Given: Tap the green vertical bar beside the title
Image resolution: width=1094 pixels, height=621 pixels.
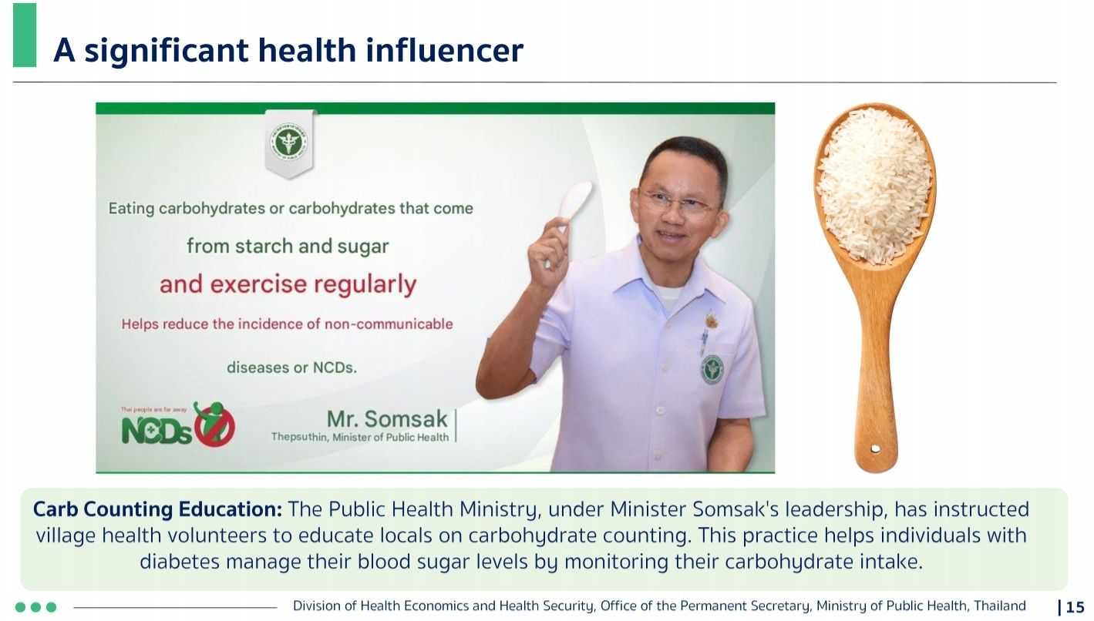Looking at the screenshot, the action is point(25,35).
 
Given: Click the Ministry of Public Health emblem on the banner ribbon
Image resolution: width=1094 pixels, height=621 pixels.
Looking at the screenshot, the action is point(290,143).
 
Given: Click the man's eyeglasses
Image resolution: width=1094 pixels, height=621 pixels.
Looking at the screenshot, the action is point(680,203).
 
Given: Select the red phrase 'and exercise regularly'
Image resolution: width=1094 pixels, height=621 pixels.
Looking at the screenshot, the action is point(288,284).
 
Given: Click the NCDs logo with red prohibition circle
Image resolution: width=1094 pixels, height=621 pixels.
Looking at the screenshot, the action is point(178,425).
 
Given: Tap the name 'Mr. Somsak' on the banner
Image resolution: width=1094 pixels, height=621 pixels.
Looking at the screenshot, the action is point(387,418).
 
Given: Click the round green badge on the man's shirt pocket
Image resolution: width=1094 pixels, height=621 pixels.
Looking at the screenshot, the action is point(712,369).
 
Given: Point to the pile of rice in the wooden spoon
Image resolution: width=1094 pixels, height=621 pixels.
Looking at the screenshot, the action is point(874,185).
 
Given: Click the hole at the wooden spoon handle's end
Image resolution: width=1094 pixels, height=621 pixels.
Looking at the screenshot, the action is point(875,448).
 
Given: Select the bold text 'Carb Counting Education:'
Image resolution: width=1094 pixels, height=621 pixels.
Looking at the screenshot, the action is point(158,509).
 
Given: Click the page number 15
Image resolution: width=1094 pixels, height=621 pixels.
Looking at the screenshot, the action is point(1075,607).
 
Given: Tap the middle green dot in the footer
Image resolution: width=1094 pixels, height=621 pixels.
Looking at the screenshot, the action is point(35,607).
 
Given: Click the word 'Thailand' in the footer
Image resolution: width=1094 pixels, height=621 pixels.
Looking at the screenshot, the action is point(1000,606).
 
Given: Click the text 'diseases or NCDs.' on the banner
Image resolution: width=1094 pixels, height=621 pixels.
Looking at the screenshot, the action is point(291,368).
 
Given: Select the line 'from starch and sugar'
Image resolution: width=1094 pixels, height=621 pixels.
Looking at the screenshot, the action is point(288,247).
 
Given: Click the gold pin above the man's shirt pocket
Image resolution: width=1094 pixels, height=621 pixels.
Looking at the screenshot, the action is point(711,320).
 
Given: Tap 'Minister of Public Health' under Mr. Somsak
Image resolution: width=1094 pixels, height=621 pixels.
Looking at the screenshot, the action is point(390,438).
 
